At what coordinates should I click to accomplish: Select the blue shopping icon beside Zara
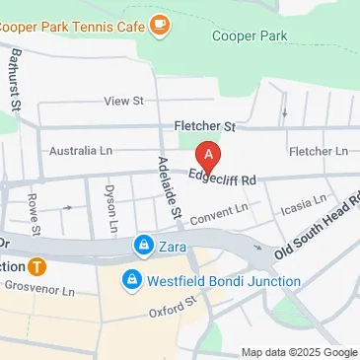(144, 244)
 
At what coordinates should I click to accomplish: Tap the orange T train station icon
(36, 266)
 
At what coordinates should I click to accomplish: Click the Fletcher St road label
(205, 126)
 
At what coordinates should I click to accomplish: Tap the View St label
(124, 101)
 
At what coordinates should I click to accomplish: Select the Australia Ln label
(80, 151)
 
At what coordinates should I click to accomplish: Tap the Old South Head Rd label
(319, 228)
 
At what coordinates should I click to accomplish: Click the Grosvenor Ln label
(38, 292)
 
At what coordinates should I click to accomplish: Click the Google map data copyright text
(300, 352)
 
